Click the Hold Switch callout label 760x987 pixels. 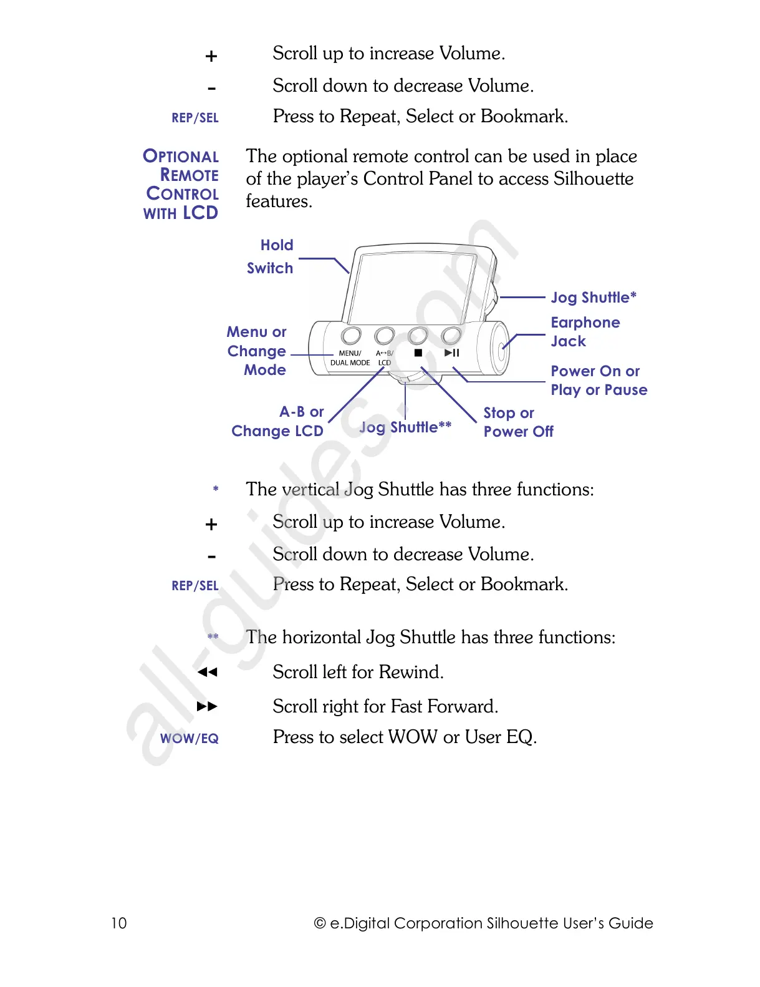point(271,256)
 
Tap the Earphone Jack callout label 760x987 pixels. point(585,332)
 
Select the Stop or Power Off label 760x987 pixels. point(517,422)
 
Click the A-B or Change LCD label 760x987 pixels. point(278,421)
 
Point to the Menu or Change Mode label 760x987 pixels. point(257,351)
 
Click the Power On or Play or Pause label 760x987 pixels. point(598,381)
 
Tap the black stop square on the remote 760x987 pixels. point(418,353)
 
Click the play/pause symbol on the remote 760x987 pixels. point(452,353)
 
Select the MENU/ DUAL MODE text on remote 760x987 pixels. point(350,357)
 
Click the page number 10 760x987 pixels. point(118,923)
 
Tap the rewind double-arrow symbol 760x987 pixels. point(207,673)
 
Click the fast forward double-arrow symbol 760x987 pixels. point(207,707)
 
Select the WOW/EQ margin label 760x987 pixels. point(190,739)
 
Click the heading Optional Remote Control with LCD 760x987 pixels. point(181,185)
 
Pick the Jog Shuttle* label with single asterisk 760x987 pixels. point(593,298)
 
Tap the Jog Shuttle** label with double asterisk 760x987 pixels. point(405,427)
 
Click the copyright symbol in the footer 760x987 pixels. point(320,923)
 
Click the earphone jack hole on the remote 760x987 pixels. point(502,349)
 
